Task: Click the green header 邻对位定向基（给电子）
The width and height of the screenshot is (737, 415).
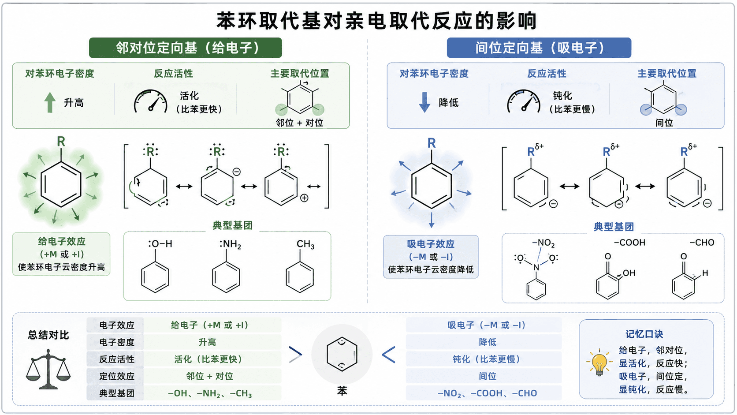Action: click(185, 48)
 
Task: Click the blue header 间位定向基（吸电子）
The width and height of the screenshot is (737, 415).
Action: click(539, 48)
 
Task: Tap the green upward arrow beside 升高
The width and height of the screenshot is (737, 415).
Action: click(50, 102)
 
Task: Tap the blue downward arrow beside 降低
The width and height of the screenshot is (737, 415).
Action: click(424, 102)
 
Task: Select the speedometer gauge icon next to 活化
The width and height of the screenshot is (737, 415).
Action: click(151, 101)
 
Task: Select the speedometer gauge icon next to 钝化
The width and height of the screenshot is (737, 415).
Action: click(524, 101)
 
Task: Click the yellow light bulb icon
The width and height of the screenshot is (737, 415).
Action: click(599, 363)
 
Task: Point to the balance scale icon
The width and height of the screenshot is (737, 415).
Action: click(48, 369)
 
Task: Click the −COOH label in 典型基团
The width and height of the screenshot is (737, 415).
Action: click(629, 243)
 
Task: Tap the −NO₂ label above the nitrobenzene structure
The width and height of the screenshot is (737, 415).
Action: click(543, 243)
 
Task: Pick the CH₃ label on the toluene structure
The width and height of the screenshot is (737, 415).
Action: click(305, 244)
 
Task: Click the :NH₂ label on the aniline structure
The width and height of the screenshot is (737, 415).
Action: click(230, 244)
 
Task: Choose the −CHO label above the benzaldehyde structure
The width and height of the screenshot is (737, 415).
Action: click(702, 243)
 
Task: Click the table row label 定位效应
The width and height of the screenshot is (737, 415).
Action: click(117, 376)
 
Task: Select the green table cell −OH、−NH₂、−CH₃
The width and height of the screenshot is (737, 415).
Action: click(210, 393)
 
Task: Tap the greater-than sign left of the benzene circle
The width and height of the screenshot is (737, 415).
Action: click(295, 355)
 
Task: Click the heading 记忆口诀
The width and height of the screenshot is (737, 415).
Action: click(644, 334)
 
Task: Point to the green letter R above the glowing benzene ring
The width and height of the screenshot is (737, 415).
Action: click(61, 142)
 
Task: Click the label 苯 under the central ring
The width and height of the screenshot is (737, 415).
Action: click(342, 391)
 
